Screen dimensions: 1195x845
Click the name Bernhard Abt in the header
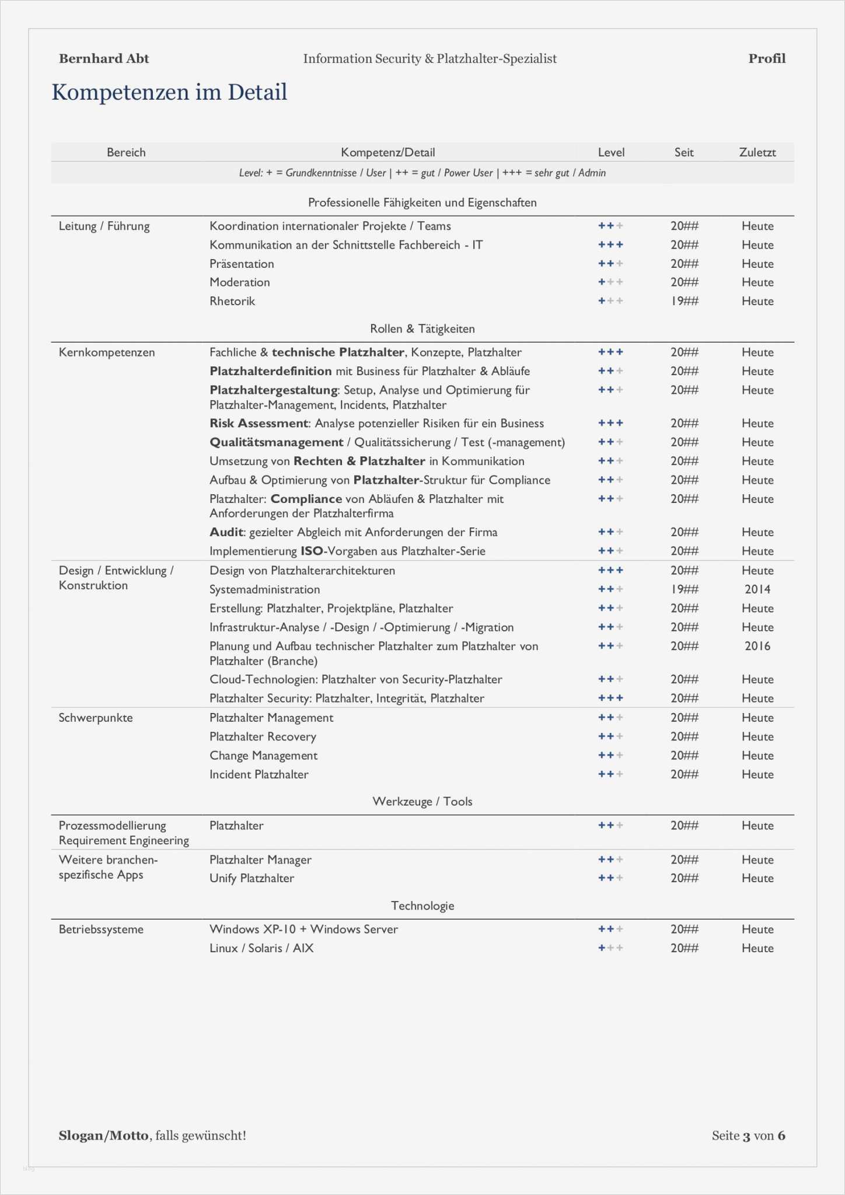click(x=104, y=58)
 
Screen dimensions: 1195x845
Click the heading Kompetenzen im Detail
click(x=169, y=92)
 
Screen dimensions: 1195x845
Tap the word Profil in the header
click(x=767, y=58)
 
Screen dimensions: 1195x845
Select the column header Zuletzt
click(x=757, y=152)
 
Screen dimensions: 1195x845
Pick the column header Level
click(x=611, y=152)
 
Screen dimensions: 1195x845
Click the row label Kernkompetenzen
click(x=107, y=352)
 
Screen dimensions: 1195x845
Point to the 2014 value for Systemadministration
click(x=757, y=589)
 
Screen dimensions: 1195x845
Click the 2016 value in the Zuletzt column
click(x=757, y=646)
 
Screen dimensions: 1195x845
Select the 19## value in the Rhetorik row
click(x=684, y=301)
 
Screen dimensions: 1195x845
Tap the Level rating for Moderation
click(x=610, y=282)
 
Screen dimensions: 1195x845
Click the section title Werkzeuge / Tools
click(x=423, y=802)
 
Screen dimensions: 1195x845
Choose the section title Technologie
click(x=423, y=906)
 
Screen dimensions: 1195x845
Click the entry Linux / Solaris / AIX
click(x=261, y=948)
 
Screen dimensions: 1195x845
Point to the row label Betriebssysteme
click(x=101, y=930)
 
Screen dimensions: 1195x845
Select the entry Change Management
click(x=263, y=756)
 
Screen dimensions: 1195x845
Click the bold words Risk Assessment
click(x=259, y=424)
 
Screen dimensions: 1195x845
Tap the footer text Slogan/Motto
click(x=103, y=1135)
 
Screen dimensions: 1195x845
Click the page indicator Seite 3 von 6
click(x=748, y=1135)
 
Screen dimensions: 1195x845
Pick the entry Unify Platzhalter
click(x=252, y=878)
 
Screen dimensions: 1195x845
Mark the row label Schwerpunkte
click(x=96, y=718)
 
